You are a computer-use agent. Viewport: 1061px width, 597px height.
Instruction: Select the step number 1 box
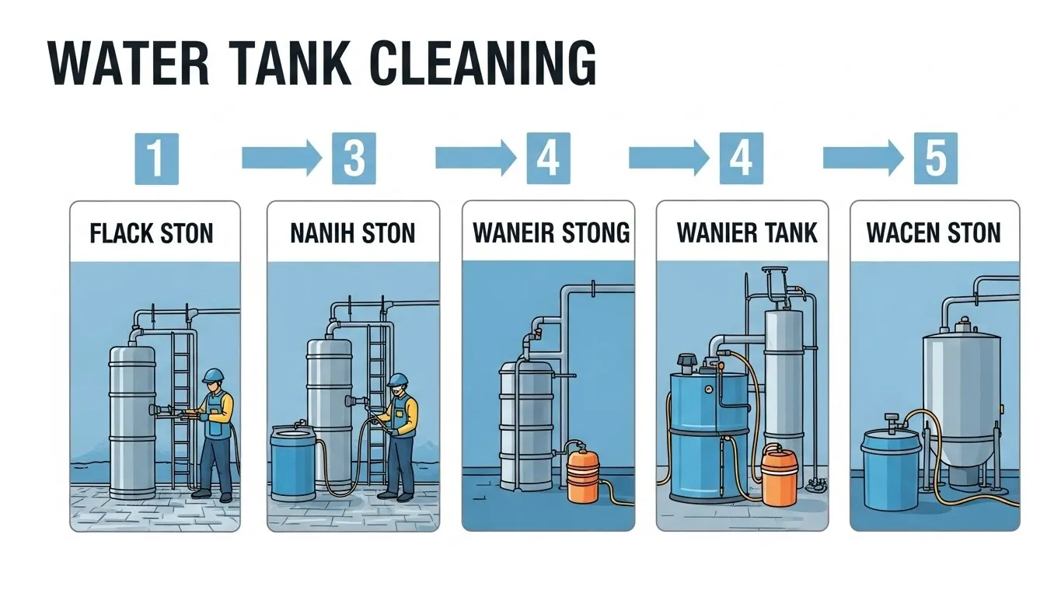pos(156,158)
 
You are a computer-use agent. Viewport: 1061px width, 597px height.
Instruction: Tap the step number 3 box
pos(354,158)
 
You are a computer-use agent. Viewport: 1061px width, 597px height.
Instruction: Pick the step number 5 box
pos(935,158)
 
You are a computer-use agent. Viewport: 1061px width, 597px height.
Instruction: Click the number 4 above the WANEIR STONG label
pos(548,158)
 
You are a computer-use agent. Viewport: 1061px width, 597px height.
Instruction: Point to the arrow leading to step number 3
pos(281,158)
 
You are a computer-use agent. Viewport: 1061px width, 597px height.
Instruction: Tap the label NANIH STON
pos(353,233)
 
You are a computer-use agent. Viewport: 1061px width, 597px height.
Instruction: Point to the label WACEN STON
pos(934,233)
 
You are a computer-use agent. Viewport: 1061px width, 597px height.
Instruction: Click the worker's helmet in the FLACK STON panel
pos(212,376)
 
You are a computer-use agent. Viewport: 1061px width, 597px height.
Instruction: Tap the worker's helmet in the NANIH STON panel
pos(398,379)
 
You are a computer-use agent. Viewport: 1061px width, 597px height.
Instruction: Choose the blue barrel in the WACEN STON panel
pos(890,465)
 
